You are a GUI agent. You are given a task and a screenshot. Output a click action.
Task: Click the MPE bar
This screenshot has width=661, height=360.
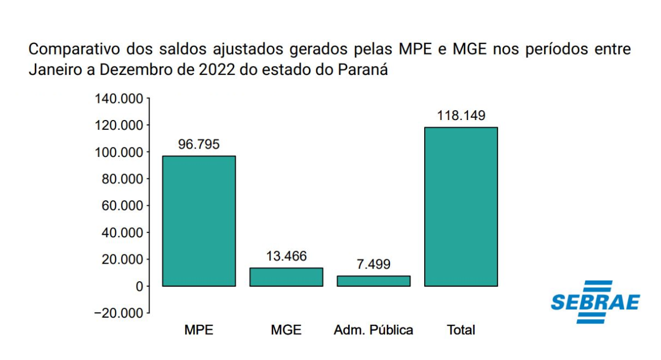[199, 221]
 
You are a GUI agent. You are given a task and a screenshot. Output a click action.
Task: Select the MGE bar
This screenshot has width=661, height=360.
[286, 277]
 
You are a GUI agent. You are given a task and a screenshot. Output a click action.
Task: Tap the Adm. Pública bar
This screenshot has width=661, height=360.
[373, 281]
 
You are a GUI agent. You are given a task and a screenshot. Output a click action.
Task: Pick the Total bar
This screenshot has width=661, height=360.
[461, 206]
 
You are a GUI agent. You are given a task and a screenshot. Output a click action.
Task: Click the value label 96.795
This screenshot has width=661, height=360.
[199, 145]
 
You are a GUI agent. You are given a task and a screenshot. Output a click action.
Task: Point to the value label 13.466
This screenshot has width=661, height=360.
[286, 257]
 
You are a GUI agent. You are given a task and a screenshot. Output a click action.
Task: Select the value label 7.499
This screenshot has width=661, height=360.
[373, 265]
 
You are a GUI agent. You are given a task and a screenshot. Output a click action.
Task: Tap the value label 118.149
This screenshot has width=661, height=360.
[461, 116]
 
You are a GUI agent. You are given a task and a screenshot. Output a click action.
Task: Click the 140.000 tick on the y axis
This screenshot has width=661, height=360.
[118, 99]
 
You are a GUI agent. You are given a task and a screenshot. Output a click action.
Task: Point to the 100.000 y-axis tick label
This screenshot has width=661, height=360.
[118, 152]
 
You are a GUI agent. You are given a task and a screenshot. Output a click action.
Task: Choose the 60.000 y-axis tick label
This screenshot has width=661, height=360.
[122, 206]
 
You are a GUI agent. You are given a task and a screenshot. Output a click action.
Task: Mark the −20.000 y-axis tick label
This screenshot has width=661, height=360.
[118, 313]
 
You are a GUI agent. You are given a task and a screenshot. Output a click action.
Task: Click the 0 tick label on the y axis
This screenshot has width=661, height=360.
[139, 286]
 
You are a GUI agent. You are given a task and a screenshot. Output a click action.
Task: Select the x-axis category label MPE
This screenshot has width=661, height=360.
[199, 330]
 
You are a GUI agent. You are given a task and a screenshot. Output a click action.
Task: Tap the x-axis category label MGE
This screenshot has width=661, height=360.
[286, 330]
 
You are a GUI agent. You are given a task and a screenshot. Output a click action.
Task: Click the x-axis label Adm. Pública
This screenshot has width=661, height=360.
[373, 330]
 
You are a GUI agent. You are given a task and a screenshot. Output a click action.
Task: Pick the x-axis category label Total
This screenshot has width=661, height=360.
[461, 330]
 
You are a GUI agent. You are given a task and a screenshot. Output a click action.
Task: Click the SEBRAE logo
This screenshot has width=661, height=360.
[595, 302]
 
